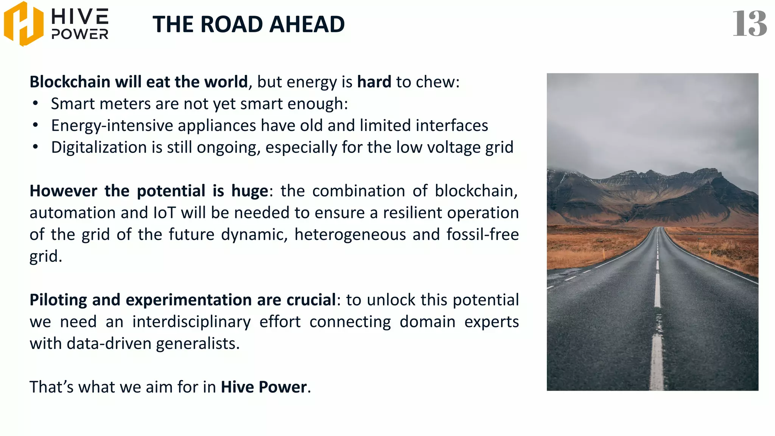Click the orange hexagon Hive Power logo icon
pos(23,24)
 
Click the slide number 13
pos(749,24)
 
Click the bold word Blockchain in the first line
pos(70,82)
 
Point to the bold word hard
pos(374,82)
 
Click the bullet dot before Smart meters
pos(36,103)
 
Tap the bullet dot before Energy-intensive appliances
pos(36,125)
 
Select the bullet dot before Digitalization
pos(36,147)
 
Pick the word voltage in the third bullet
pos(454,147)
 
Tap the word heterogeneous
pos(350,235)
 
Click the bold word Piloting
pos(58,300)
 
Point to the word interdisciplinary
pos(191,322)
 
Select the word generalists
pos(198,344)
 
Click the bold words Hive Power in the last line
pos(264,387)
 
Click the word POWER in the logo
pos(80,34)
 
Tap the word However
pos(63,191)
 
